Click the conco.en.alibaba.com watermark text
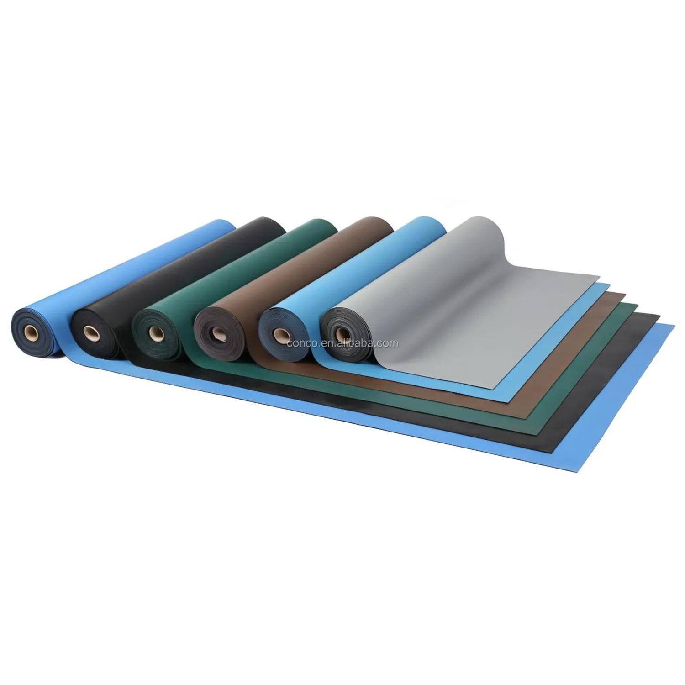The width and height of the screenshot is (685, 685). tap(342, 343)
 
